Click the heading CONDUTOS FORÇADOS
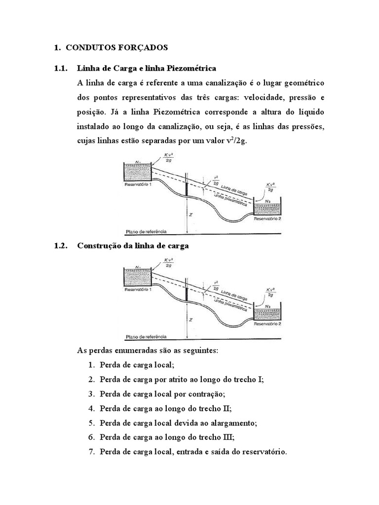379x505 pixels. [117, 48]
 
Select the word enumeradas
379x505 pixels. [134, 350]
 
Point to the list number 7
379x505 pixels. [91, 452]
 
